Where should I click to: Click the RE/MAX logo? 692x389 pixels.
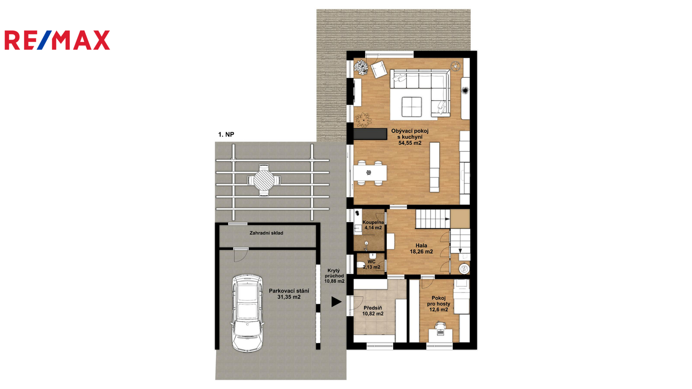tap(57, 40)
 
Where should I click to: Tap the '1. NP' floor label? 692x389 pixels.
tap(226, 134)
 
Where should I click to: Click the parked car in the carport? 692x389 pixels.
tap(248, 313)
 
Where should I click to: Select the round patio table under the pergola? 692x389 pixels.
tap(264, 180)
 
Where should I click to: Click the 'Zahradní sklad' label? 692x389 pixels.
tap(266, 233)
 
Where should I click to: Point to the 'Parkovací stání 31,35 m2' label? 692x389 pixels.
tap(289, 294)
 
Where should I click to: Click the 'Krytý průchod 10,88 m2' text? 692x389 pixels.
tap(334, 276)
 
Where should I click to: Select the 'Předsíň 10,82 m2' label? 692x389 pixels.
tap(373, 311)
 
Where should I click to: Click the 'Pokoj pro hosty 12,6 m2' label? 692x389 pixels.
tap(439, 304)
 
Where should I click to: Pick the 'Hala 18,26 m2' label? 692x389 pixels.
tap(421, 249)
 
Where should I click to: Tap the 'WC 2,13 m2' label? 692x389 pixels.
tap(372, 265)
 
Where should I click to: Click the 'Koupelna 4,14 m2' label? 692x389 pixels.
tap(373, 225)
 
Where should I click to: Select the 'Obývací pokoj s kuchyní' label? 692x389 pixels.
tap(410, 134)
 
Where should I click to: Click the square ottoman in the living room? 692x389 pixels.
tap(412, 107)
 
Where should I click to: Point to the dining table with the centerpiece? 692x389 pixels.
tap(370, 173)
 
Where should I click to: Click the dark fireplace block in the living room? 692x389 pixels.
tap(370, 134)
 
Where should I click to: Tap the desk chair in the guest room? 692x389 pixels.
tap(440, 326)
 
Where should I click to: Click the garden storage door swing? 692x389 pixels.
tap(240, 255)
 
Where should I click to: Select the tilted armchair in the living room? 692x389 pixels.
tap(379, 69)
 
